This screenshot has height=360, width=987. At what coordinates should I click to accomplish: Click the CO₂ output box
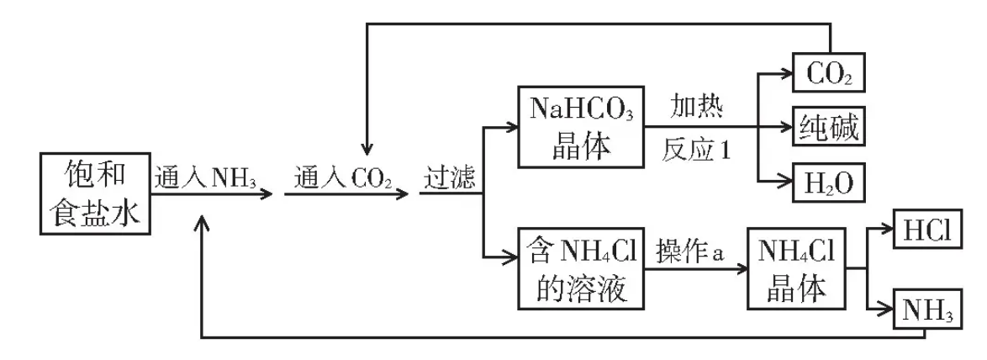click(x=828, y=74)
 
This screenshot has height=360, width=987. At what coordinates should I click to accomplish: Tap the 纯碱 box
click(x=828, y=129)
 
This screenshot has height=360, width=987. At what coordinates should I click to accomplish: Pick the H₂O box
click(x=828, y=183)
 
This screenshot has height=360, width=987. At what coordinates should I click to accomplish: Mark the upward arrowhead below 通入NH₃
click(x=202, y=220)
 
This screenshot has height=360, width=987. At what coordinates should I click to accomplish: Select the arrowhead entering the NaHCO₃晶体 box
click(x=512, y=129)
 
